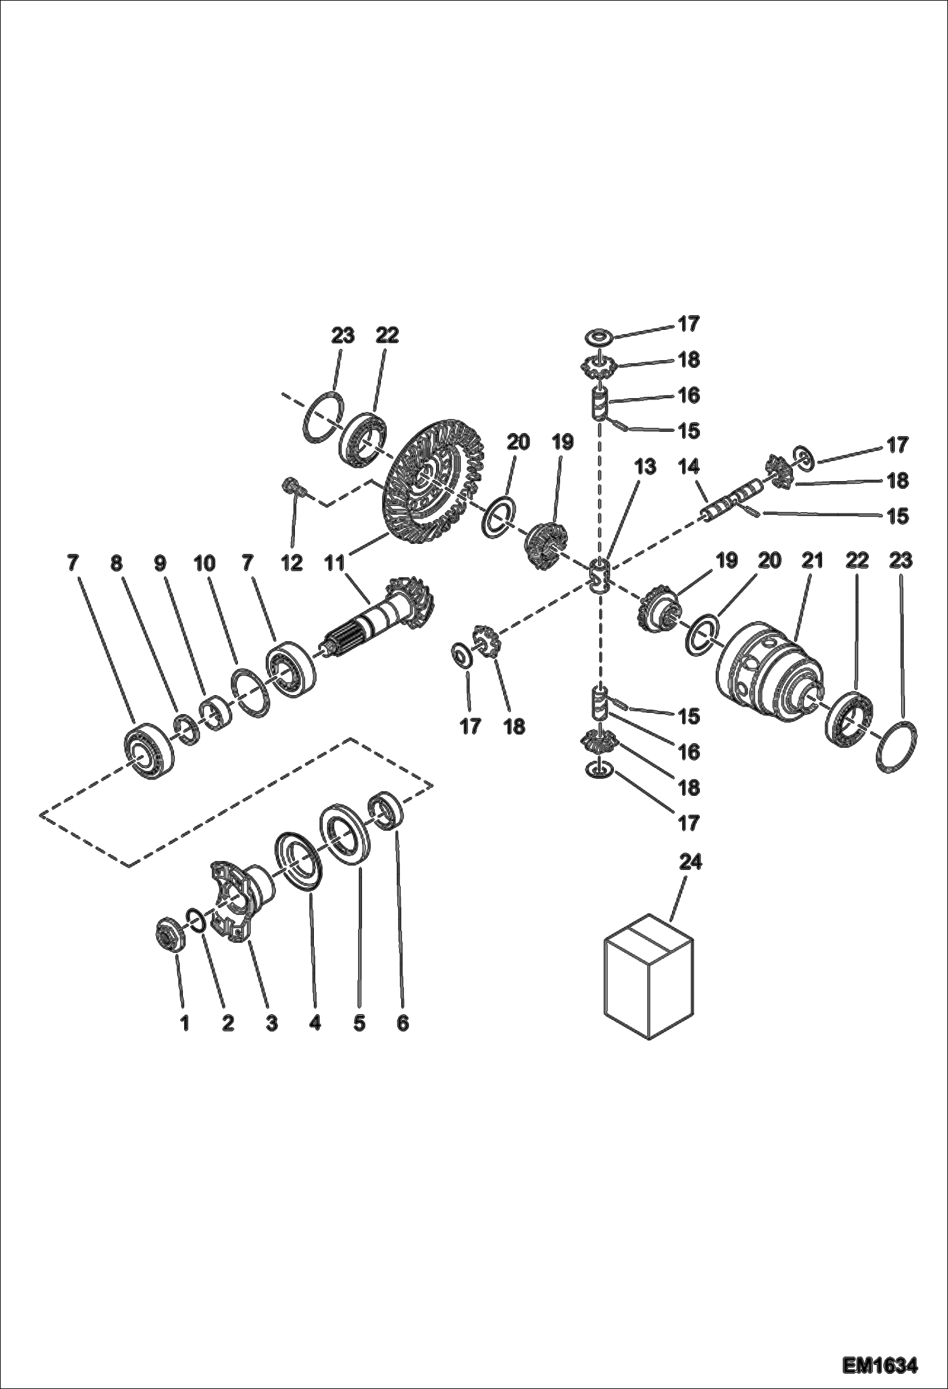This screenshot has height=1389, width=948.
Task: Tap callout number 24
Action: point(690,862)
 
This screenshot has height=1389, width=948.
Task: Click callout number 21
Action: point(813,560)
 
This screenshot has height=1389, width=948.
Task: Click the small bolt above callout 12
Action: point(292,488)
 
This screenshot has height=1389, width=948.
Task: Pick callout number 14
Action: point(689,467)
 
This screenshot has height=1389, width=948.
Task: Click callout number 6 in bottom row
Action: point(403,1022)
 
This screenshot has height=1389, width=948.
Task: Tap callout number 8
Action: point(116,563)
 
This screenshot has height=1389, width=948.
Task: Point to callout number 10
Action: point(204,563)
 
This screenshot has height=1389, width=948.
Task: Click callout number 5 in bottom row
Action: point(359,1022)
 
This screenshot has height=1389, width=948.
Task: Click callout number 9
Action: point(160,563)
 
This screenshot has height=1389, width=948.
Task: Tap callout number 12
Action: point(292,563)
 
